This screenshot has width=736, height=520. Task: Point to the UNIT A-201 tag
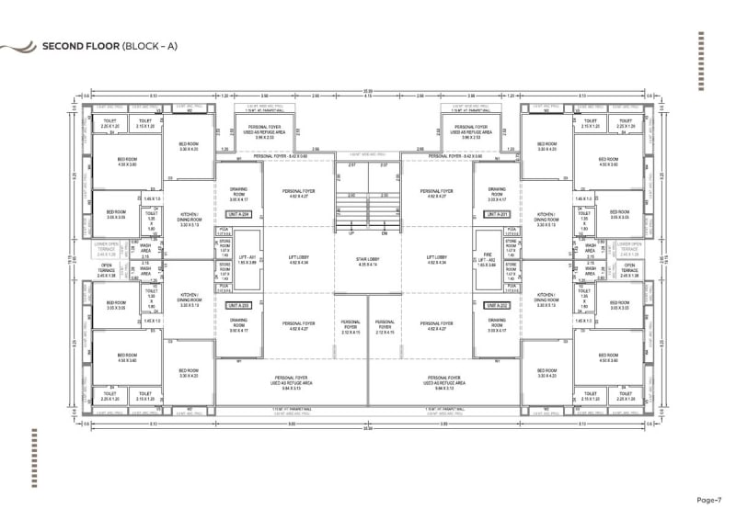pyautogui.click(x=498, y=213)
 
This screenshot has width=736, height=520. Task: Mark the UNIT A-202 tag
pyautogui.click(x=498, y=303)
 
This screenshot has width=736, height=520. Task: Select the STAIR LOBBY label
pyautogui.click(x=368, y=260)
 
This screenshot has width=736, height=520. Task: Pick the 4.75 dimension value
pyautogui.click(x=368, y=96)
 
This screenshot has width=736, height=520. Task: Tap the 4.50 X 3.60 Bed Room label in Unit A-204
pyautogui.click(x=127, y=163)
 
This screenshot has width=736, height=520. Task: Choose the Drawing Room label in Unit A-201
pyautogui.click(x=497, y=195)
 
